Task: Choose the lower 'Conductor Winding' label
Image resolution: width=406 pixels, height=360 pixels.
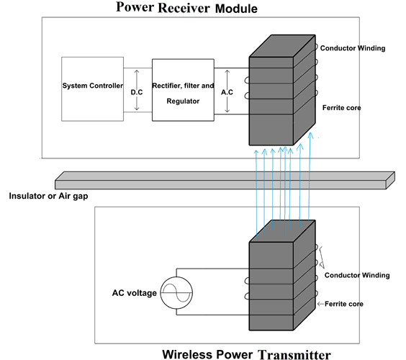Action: [357, 275]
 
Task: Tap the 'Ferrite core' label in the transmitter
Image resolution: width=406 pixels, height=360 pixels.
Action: [344, 304]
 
